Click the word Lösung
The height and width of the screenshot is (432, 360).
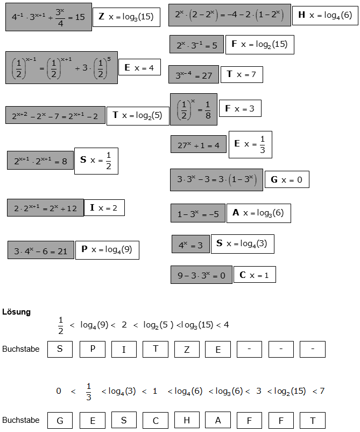click(16, 312)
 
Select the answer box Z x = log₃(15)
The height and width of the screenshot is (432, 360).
click(126, 17)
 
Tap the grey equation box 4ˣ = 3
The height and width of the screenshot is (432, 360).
click(190, 245)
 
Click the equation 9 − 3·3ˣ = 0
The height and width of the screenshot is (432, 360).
click(201, 275)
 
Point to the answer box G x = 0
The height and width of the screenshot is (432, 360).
click(287, 179)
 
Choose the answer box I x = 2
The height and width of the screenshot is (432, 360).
click(104, 207)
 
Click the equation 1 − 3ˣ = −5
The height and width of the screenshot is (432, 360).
click(197, 213)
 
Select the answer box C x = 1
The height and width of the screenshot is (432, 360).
click(255, 275)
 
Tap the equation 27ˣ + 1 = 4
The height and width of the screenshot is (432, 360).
click(198, 144)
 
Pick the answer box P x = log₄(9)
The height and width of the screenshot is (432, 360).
click(107, 249)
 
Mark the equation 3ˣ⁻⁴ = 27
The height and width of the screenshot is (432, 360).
click(194, 75)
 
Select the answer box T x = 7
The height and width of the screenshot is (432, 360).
click(241, 74)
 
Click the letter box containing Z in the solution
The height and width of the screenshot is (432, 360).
click(187, 349)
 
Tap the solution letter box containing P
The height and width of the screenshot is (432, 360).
click(93, 349)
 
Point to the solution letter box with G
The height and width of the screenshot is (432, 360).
click(60, 420)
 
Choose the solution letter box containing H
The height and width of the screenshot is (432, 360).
click(187, 420)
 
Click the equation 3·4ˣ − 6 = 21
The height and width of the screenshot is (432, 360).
click(40, 250)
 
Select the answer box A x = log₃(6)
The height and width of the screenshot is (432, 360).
click(258, 213)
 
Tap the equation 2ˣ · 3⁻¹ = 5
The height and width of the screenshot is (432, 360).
click(196, 45)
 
